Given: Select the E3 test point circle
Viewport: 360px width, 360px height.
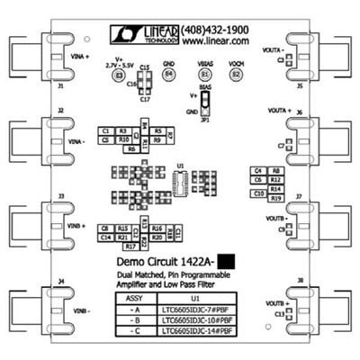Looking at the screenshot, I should click(117, 77).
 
